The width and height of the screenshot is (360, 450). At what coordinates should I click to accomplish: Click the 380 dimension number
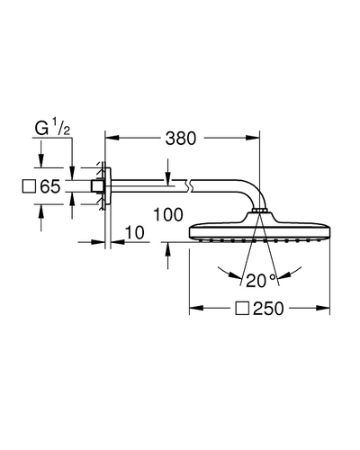[x=181, y=139]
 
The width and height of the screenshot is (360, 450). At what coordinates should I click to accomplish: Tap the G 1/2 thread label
[x=52, y=127]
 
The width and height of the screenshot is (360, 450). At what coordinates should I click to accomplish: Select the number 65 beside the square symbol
[x=50, y=186]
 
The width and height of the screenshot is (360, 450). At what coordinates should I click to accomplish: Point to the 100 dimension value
[x=168, y=215]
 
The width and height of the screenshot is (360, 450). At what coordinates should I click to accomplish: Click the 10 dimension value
[x=135, y=233]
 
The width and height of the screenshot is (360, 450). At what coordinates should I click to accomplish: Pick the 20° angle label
[x=260, y=281]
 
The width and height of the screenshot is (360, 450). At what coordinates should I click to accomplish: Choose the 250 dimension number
[x=268, y=309]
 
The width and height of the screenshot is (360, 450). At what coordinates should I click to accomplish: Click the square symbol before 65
[x=30, y=186]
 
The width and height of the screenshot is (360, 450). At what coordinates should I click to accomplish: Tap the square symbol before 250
[x=242, y=308]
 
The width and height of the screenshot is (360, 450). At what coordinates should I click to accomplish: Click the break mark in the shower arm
[x=188, y=185]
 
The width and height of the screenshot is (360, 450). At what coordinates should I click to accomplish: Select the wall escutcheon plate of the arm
[x=108, y=186]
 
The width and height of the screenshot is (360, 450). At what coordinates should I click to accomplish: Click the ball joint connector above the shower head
[x=260, y=211]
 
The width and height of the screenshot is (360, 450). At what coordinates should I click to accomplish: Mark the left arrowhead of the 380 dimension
[x=112, y=138]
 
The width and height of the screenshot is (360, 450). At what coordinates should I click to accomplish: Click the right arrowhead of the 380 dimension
[x=252, y=138]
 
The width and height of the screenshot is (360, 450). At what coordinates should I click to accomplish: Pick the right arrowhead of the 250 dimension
[x=322, y=308]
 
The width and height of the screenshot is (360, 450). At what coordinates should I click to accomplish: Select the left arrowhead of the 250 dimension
[x=196, y=308]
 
